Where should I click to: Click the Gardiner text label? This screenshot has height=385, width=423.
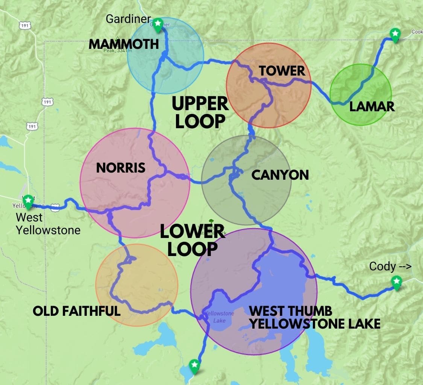pos(128,19)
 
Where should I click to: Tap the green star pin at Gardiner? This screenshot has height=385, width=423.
pos(158,23)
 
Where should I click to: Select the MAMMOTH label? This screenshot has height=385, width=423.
pos(124,44)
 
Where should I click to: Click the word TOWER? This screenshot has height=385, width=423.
pos(282,71)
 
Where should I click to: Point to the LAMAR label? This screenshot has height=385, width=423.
pos(372,106)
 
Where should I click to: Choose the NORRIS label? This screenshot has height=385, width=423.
pos(121,168)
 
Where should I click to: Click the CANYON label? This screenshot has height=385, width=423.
pos(280,175)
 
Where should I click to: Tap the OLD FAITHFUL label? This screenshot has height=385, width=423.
pos(77,311)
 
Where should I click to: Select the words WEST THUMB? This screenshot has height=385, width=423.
pos(291,311)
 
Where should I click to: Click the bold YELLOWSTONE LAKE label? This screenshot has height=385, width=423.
pos(315,324)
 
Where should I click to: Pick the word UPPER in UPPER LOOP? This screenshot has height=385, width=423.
pos(200,104)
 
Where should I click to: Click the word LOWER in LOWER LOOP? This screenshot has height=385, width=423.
pos(192,232)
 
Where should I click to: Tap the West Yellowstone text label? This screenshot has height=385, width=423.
pos(48,224)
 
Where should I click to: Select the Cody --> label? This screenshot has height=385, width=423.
pos(390,267)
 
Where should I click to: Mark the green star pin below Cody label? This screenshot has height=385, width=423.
pos(396,281)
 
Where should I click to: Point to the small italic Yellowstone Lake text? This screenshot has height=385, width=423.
pos(219,317)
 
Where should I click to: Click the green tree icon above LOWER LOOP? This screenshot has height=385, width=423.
pos(211,222)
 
